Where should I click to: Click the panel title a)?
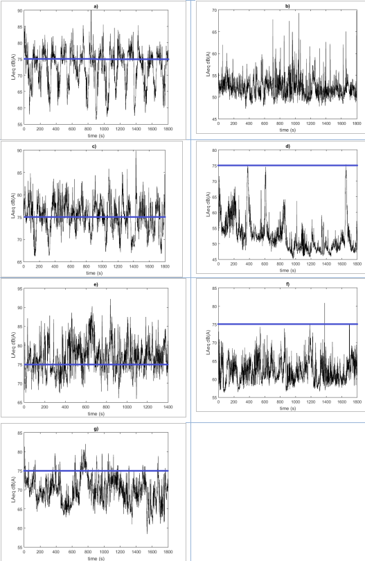coord(96,6)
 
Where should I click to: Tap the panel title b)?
coord(288,6)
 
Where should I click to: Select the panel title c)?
coord(94,146)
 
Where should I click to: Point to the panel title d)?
coord(288,146)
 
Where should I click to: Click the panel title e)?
coord(96,284)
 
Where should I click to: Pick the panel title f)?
coord(288,284)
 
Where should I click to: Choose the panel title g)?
coord(96,429)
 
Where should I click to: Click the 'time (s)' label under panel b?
coord(287,130)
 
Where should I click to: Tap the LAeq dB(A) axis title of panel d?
coord(208,204)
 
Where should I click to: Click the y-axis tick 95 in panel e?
coord(20,288)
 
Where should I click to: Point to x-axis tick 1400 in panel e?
coord(168,407)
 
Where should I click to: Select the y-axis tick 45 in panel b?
coord(214,119)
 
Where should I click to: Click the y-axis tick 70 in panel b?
coord(214,10)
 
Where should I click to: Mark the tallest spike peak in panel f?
coord(325,304)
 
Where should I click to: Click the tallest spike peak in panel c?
coord(136,151)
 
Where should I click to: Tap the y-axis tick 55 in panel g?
coord(20,547)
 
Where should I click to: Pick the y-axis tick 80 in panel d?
coord(214,150)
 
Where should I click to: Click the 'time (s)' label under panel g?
coord(96,558)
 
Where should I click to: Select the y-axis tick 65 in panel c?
coord(19,262)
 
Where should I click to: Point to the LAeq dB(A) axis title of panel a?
coord(13,67)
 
